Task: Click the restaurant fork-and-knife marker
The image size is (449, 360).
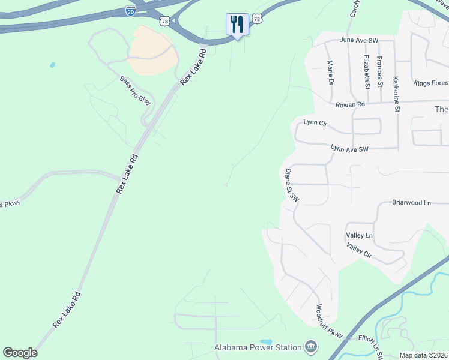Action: coord(237,25)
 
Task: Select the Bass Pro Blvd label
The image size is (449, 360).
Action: coord(134,91)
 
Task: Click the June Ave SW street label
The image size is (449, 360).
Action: coord(359,40)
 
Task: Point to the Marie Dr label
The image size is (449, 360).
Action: coord(330,72)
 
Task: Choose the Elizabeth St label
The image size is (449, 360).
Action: coord(366,71)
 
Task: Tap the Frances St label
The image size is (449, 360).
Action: coord(380,71)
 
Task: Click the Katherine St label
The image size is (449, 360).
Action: coord(396,94)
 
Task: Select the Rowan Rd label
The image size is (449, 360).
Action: coord(350,104)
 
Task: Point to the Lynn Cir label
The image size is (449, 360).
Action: coord(315,122)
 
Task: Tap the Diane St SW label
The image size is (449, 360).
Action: coord(292,184)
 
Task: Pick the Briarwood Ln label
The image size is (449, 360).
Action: coord(411,203)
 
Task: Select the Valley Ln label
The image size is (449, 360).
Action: coord(359,236)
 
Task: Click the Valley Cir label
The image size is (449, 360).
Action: coord(359,250)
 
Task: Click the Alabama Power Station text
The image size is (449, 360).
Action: coord(258,347)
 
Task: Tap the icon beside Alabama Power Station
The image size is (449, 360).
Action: coord(311,347)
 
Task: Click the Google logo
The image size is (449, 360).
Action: coord(20,353)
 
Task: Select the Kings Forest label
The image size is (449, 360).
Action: coord(431,82)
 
